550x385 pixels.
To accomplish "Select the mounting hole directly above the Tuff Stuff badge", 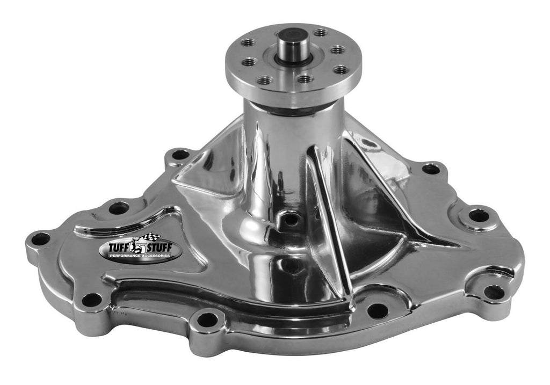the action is coord(119,208).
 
